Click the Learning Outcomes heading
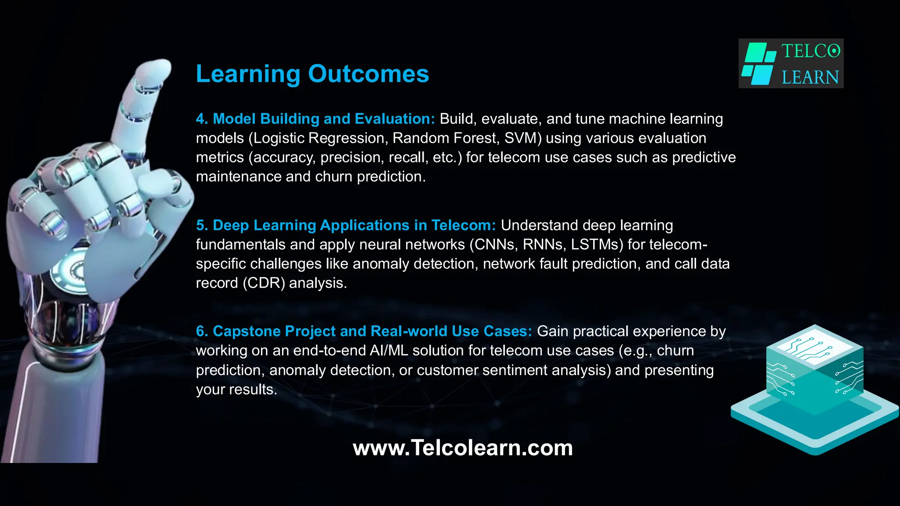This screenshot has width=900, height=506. coord(312,74)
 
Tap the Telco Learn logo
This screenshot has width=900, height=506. coord(791,64)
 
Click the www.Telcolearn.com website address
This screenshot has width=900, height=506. coord(462,448)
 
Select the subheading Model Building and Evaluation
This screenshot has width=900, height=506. coord(315,119)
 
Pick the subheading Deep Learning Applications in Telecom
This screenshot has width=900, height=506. coord(346,225)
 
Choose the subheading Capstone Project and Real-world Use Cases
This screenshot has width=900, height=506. coord(364,331)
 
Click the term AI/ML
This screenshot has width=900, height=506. coord(385,351)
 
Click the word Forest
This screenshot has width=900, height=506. coord(476,138)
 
